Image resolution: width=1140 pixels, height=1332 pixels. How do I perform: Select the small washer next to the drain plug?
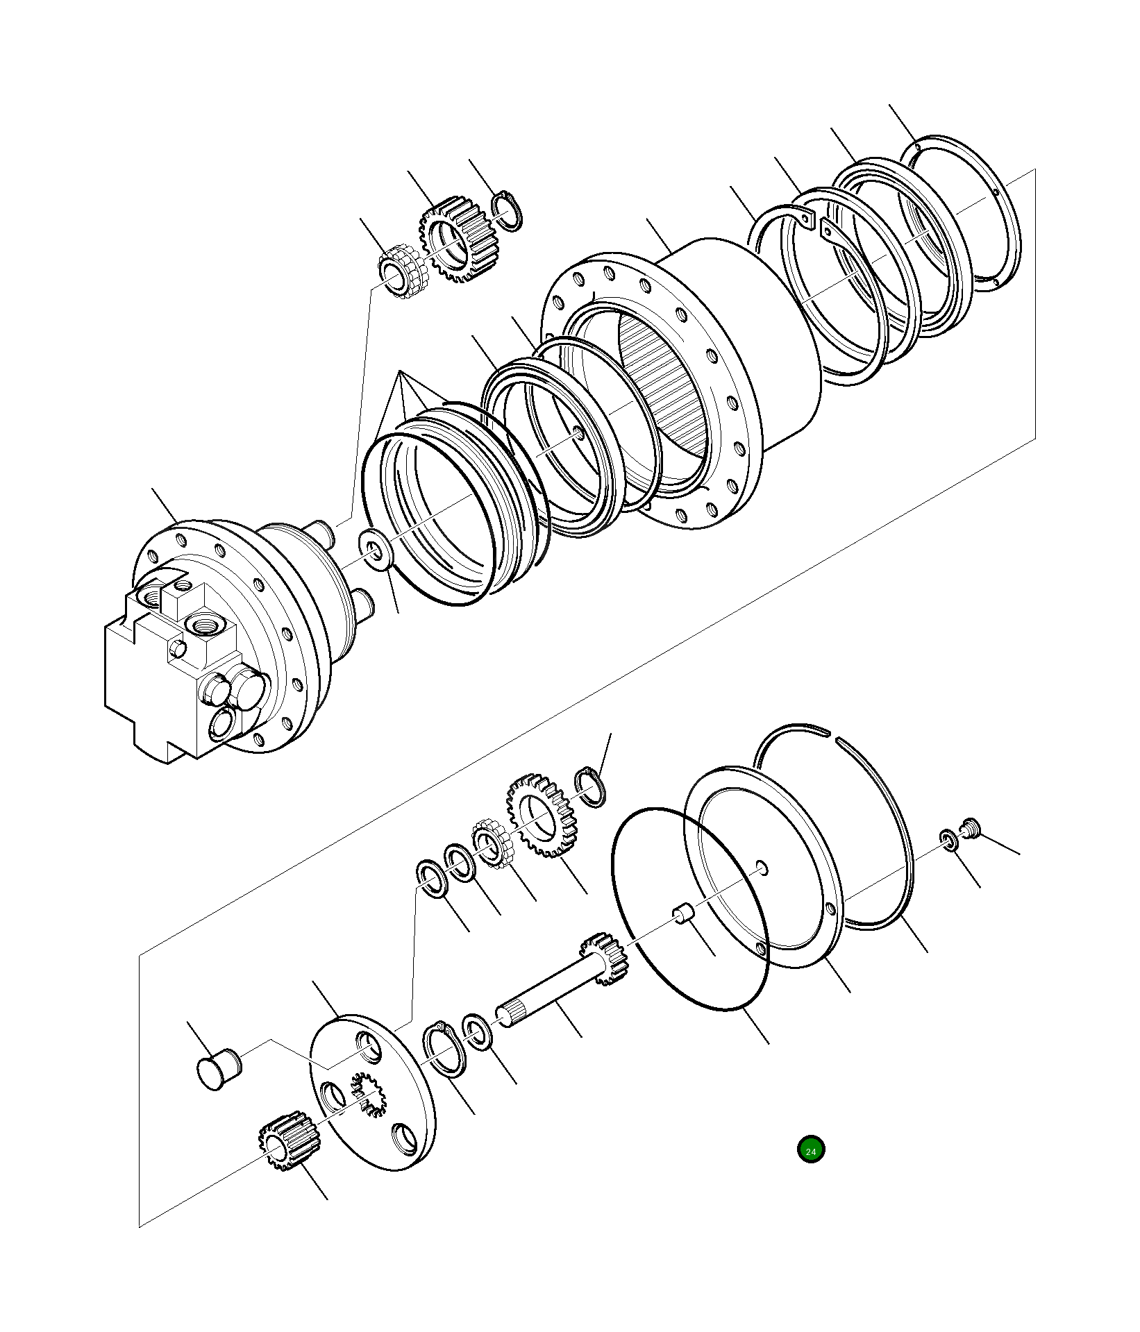[948, 839]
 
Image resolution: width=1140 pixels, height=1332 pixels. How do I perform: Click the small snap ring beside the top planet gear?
[508, 211]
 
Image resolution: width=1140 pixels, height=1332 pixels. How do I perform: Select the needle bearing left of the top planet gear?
[401, 269]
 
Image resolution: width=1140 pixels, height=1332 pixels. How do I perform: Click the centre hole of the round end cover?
[762, 867]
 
